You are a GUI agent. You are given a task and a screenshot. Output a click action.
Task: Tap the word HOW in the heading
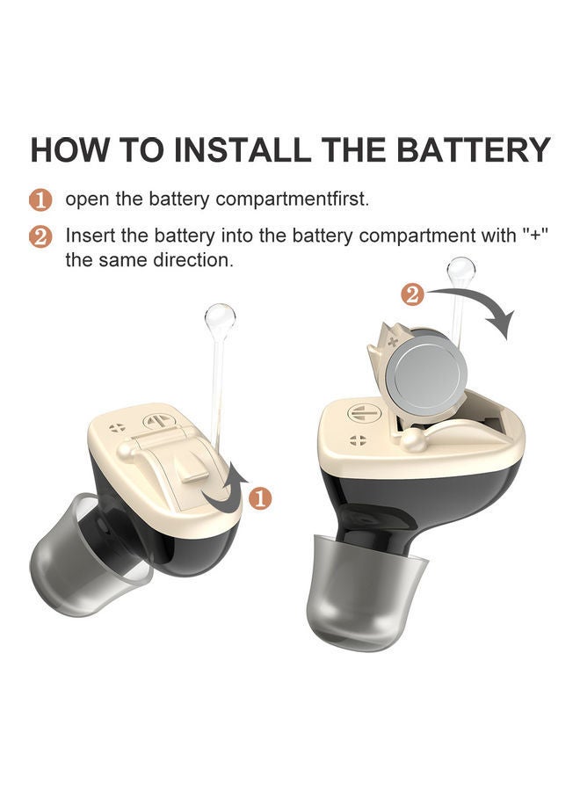(69, 149)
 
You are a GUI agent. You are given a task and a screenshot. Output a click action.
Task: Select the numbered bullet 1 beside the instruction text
(41, 200)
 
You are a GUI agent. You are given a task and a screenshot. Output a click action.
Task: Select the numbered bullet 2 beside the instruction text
(41, 237)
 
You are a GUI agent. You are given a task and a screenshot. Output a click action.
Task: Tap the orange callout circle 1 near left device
(259, 498)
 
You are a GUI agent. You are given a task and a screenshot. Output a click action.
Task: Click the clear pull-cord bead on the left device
(219, 318)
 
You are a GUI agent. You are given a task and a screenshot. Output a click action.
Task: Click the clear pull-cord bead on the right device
(461, 271)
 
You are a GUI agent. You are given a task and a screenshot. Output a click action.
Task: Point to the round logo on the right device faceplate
(360, 414)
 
